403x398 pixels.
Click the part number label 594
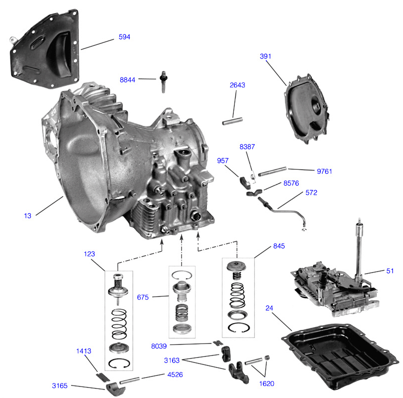click(124, 37)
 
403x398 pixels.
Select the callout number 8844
click(128, 80)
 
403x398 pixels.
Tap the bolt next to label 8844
click(163, 81)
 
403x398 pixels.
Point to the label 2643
click(237, 85)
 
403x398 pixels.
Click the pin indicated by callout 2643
click(232, 121)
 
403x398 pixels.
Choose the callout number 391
click(265, 56)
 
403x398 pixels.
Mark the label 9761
click(324, 171)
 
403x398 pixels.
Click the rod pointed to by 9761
click(272, 172)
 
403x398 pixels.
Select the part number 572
click(311, 192)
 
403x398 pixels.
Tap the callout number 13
click(27, 216)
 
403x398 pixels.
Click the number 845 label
click(279, 246)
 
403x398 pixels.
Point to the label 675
click(143, 297)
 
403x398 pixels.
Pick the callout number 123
click(89, 254)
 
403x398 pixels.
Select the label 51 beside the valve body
click(390, 271)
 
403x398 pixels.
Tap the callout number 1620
click(266, 384)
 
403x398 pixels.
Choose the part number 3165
click(60, 386)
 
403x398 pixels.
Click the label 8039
click(159, 346)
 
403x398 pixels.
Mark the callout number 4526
click(175, 375)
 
